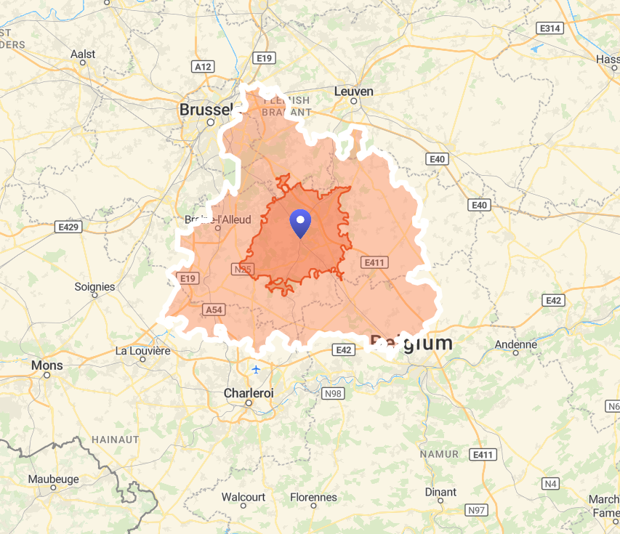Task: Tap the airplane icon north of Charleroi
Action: (256, 368)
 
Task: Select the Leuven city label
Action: (354, 92)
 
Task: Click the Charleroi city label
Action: (249, 393)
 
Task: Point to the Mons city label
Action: (47, 365)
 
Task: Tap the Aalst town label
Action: (83, 54)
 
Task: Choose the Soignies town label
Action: (94, 287)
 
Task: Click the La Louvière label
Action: (142, 351)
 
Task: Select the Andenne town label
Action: (515, 344)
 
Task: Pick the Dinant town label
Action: (440, 492)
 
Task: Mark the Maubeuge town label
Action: (53, 480)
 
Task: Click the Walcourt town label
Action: (243, 498)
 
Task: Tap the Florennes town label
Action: (313, 498)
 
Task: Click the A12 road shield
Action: (204, 66)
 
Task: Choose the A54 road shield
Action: (213, 310)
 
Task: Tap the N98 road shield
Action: (332, 393)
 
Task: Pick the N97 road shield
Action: (477, 510)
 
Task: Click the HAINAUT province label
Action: (116, 440)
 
